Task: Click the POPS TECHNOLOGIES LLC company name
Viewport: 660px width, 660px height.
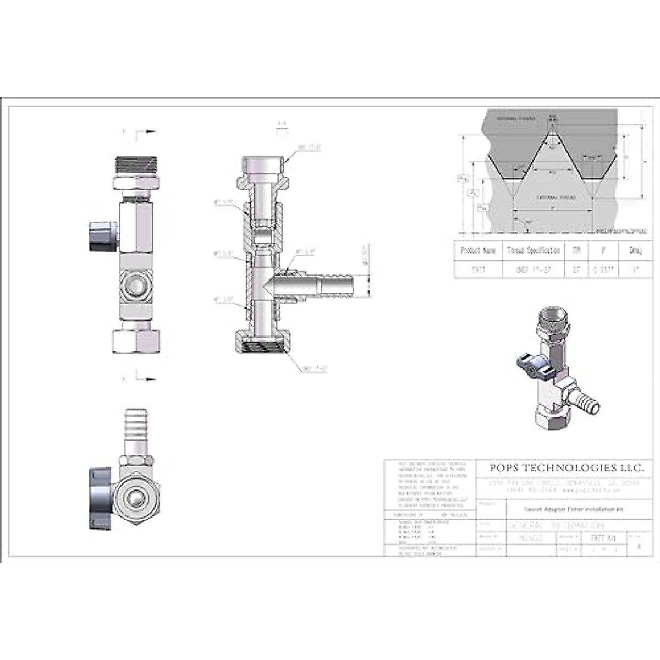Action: (x=566, y=468)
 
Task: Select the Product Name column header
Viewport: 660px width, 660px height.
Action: (x=478, y=251)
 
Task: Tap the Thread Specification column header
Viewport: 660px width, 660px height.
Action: (x=533, y=251)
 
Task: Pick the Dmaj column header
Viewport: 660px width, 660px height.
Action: (x=635, y=251)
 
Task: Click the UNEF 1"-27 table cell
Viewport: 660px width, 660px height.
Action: (x=533, y=270)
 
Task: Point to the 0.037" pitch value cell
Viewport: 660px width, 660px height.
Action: (x=603, y=270)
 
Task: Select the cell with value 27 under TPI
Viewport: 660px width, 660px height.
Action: (x=576, y=270)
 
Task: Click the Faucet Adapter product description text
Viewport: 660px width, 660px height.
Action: (x=565, y=509)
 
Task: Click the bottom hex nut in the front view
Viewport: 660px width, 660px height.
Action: (x=136, y=340)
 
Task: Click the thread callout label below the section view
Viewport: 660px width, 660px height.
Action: (x=315, y=369)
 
